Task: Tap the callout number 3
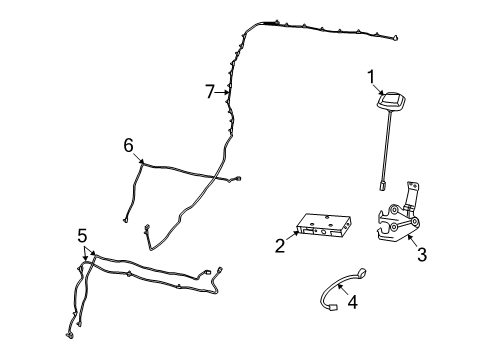point(421,255)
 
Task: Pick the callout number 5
point(82,236)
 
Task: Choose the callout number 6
point(128,145)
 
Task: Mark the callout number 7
point(210,92)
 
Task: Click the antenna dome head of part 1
point(388,104)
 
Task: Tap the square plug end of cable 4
point(331,307)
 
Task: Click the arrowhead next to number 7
point(228,93)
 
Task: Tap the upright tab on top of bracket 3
point(412,187)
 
